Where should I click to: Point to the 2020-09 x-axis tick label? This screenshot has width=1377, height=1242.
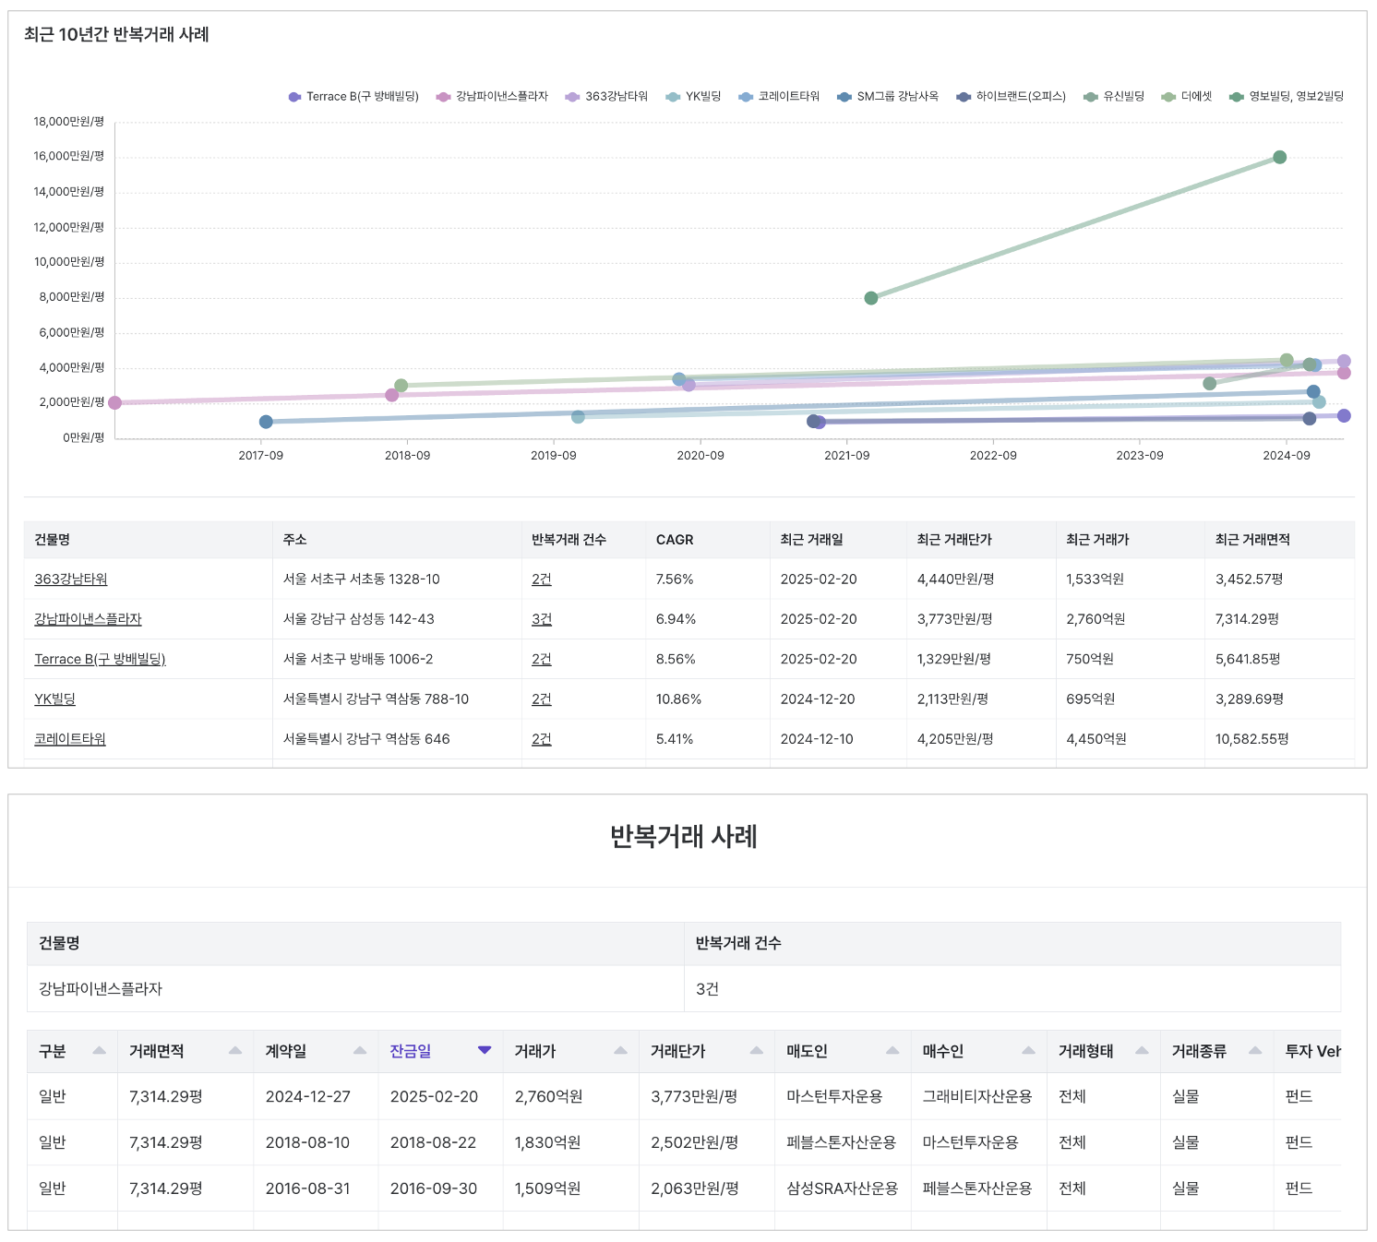(700, 456)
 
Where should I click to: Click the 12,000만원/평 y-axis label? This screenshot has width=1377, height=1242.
(69, 227)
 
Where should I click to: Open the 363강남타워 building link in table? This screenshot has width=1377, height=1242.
(71, 579)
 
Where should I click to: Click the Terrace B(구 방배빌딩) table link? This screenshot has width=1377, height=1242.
(100, 659)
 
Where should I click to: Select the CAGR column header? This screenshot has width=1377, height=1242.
(675, 540)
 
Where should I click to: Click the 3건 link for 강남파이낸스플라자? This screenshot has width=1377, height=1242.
(542, 619)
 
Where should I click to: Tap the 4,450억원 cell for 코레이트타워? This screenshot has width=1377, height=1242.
(1096, 739)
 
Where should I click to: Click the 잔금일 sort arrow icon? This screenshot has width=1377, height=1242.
(485, 1050)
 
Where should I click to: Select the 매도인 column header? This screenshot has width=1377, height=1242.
(807, 1051)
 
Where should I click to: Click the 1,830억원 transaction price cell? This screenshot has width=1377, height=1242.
(547, 1142)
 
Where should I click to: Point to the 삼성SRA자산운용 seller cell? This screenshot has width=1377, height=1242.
(842, 1188)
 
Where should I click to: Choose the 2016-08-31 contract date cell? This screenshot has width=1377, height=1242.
(308, 1188)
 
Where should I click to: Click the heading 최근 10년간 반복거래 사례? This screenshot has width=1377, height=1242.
(116, 35)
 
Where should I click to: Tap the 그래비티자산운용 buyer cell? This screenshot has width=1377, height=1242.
(977, 1096)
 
